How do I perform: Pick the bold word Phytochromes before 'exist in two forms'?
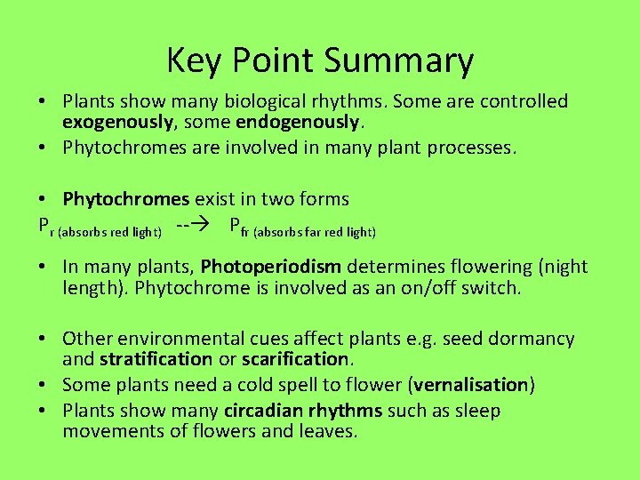point(126,199)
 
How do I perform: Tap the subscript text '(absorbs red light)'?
point(109,232)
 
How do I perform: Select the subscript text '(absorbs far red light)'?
point(315,232)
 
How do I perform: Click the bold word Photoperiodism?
point(271,267)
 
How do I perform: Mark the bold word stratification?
point(156,360)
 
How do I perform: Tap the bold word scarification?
point(295,360)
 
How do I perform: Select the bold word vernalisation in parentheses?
point(471,385)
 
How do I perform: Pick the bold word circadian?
point(263,411)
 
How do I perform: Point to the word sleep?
point(477,411)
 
